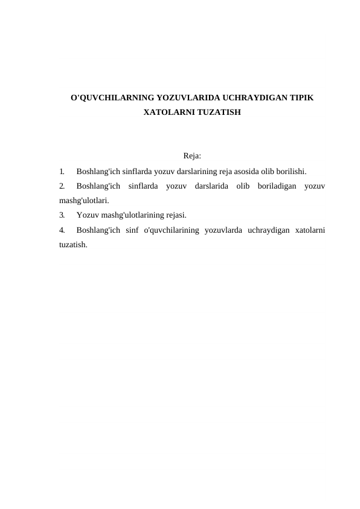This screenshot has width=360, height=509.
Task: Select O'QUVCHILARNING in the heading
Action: click(112, 97)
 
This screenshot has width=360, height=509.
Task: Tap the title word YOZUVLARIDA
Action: click(188, 97)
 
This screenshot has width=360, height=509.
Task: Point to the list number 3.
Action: click(62, 215)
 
